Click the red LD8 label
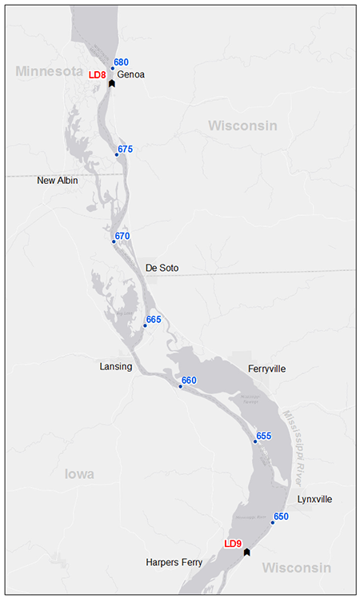tap(97, 74)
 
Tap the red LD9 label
tap(233, 544)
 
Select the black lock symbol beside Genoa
tap(112, 83)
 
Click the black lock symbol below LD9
tap(247, 552)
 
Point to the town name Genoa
tap(131, 74)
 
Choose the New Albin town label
tap(58, 181)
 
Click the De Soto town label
tap(162, 268)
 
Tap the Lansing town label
tap(115, 366)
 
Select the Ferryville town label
tap(266, 369)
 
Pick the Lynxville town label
tap(314, 499)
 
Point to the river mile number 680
tap(121, 62)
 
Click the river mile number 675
tap(125, 149)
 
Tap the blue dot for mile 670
tap(114, 241)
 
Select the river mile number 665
tap(154, 320)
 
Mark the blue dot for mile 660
tap(181, 387)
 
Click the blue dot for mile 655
tap(255, 441)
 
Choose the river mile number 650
tap(281, 516)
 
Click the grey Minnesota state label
tap(50, 71)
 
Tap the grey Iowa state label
tap(79, 474)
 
